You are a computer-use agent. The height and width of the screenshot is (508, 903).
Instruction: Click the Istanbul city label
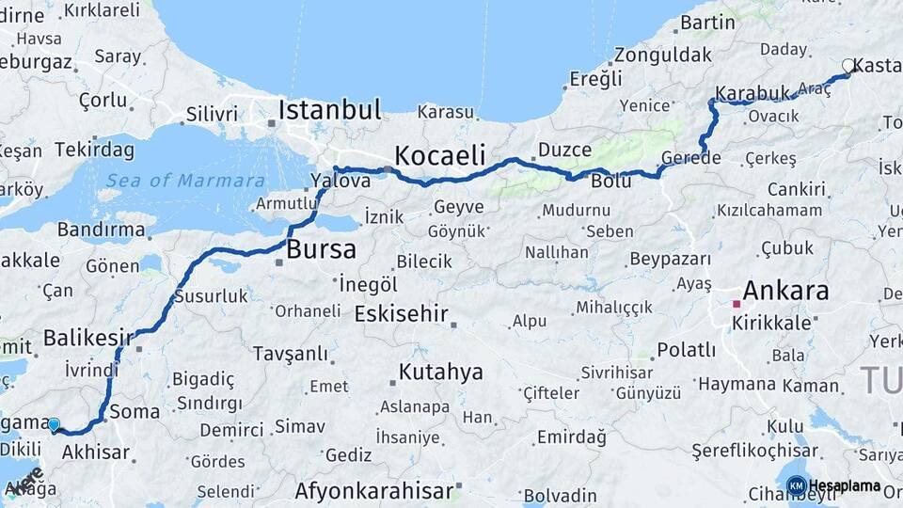329,110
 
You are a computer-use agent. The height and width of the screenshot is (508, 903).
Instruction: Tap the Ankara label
785,290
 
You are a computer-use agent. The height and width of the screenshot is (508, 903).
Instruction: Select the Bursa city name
322,249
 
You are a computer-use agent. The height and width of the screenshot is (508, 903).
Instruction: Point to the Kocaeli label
440,155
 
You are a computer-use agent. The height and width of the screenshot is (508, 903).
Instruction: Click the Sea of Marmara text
184,181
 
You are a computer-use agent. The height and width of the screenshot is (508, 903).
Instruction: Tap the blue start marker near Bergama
54,425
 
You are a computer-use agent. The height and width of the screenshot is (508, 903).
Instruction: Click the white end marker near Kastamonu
848,66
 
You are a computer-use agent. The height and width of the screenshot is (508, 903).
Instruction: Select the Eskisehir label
401,314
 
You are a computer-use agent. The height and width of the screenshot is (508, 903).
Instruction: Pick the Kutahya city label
440,372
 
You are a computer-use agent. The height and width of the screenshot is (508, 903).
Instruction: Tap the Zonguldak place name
664,55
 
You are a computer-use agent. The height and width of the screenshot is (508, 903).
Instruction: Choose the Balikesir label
87,337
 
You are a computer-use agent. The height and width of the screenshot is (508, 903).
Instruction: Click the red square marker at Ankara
737,304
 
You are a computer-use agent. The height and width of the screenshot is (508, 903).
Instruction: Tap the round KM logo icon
796,485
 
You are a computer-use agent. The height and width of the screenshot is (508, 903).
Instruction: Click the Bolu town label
611,182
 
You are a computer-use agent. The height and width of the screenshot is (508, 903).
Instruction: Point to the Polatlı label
686,350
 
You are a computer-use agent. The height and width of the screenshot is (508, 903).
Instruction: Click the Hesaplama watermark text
845,485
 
